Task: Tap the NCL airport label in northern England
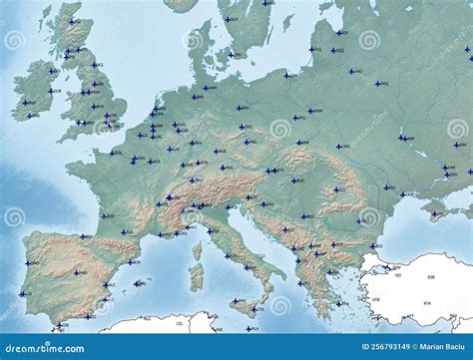[99, 65]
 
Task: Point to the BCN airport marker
[128, 261]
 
